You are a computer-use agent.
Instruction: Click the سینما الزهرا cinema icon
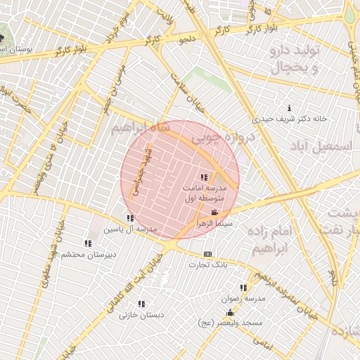tap(214, 212)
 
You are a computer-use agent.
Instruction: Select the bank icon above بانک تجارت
tap(207, 254)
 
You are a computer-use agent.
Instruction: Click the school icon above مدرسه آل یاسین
tap(129, 219)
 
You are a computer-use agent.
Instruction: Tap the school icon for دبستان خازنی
tap(141, 304)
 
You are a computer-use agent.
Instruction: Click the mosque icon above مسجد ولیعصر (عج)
tap(229, 313)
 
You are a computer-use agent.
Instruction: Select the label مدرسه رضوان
tap(243, 298)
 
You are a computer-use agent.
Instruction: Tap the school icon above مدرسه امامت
tap(204, 178)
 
